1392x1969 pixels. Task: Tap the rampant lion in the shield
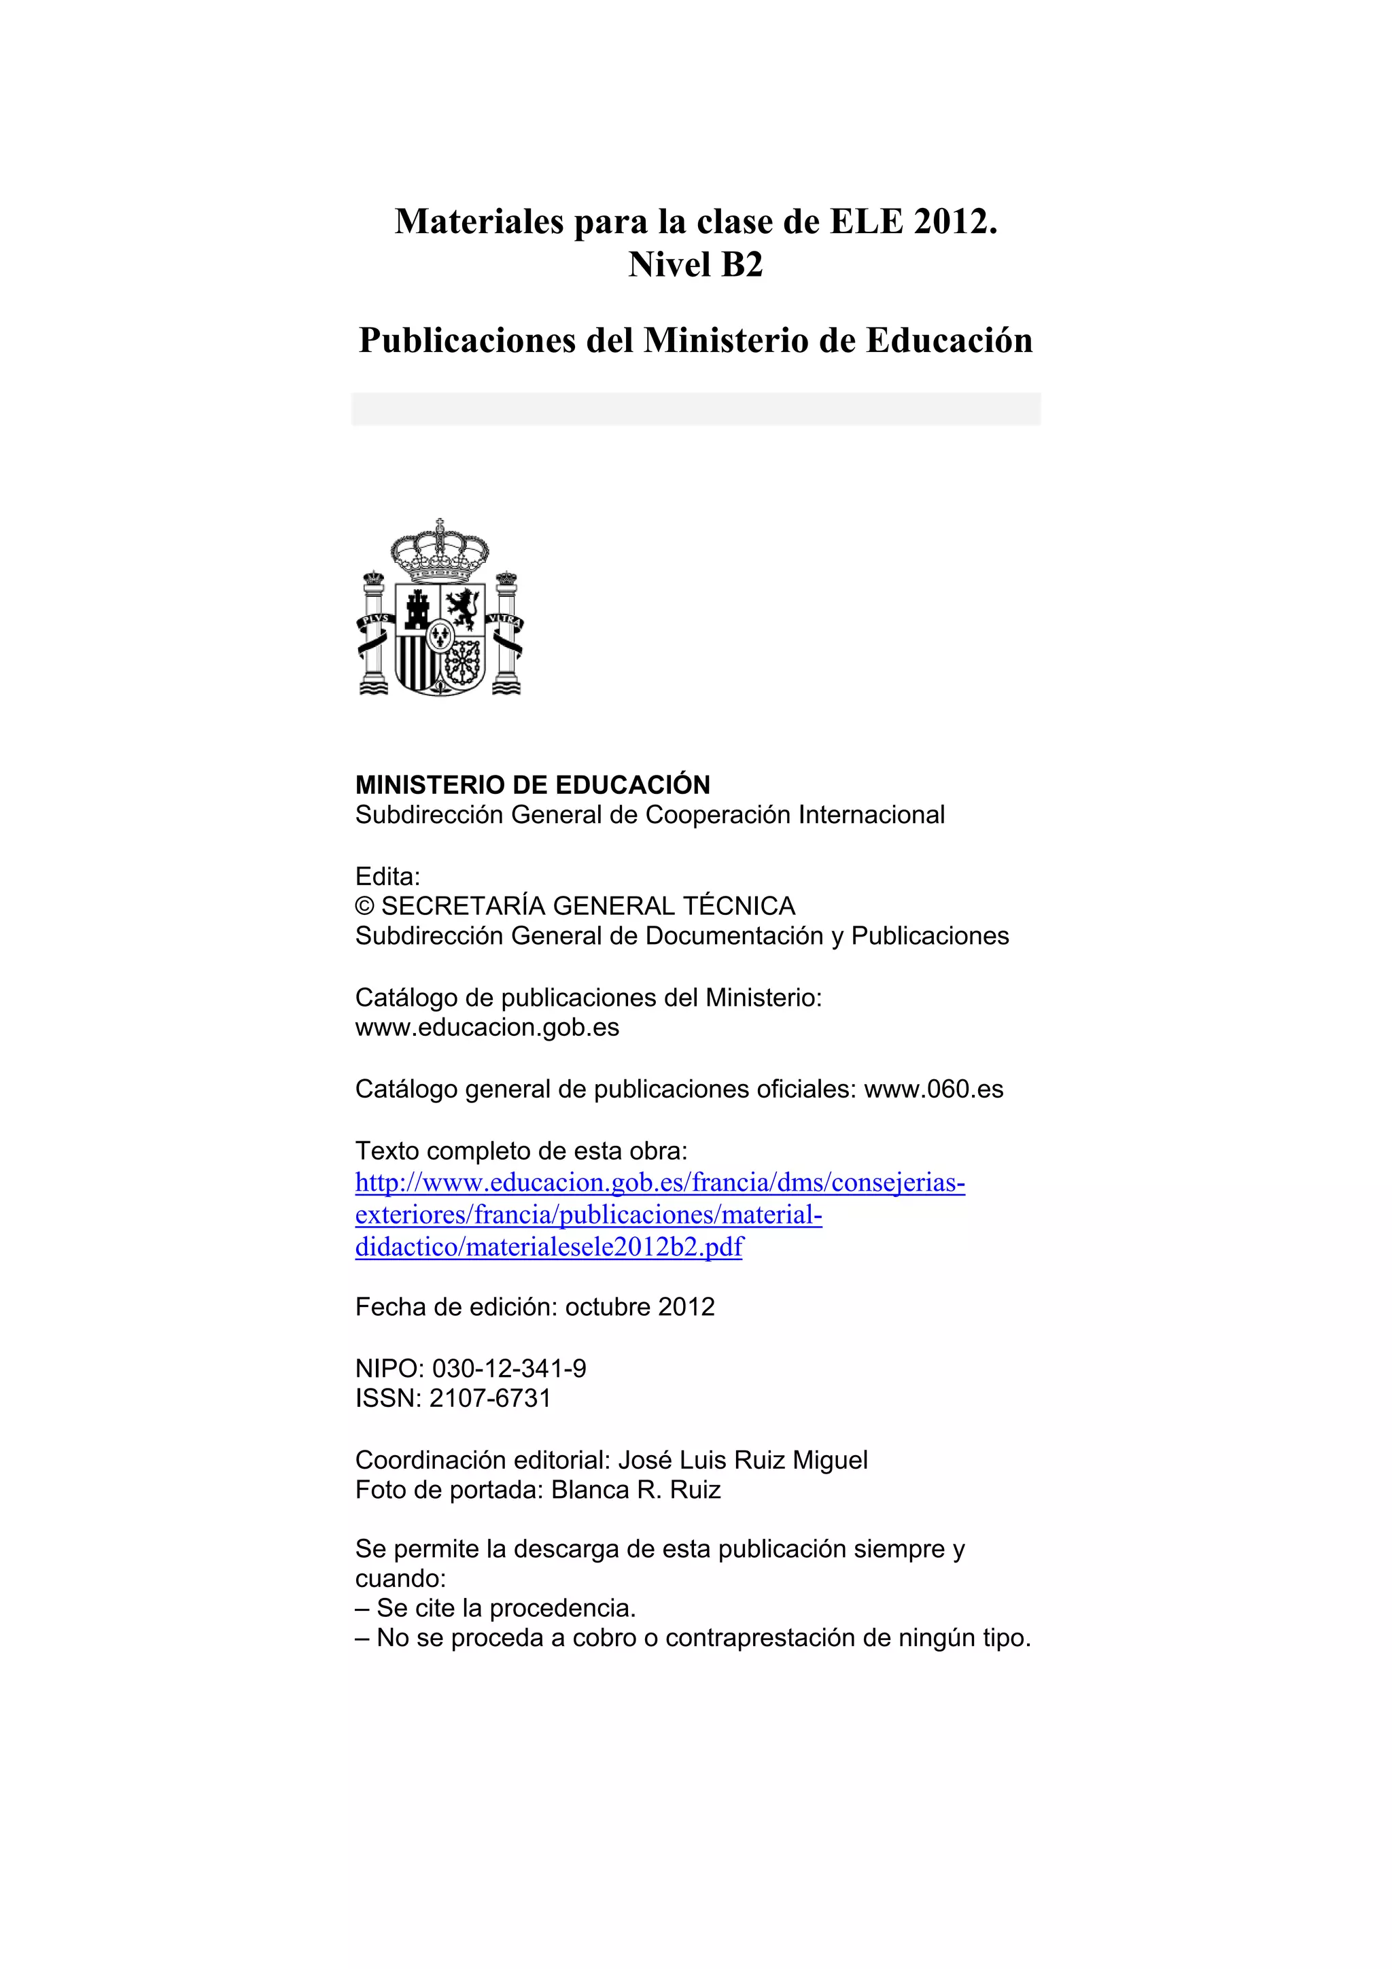(x=463, y=609)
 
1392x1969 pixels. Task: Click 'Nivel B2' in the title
(x=695, y=265)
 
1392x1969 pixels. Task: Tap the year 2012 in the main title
(x=950, y=222)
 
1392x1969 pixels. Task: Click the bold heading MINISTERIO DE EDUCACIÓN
(x=533, y=785)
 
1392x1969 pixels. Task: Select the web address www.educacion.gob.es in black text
(x=487, y=1028)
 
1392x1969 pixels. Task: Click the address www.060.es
(x=933, y=1089)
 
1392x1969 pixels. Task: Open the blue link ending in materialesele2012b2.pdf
(x=549, y=1247)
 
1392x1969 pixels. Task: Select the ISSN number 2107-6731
(x=490, y=1398)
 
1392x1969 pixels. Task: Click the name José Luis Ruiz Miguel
(x=743, y=1460)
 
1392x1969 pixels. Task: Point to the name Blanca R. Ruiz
(x=636, y=1490)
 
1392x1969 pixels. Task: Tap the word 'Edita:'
(x=387, y=877)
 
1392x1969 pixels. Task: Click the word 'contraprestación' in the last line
(x=760, y=1638)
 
